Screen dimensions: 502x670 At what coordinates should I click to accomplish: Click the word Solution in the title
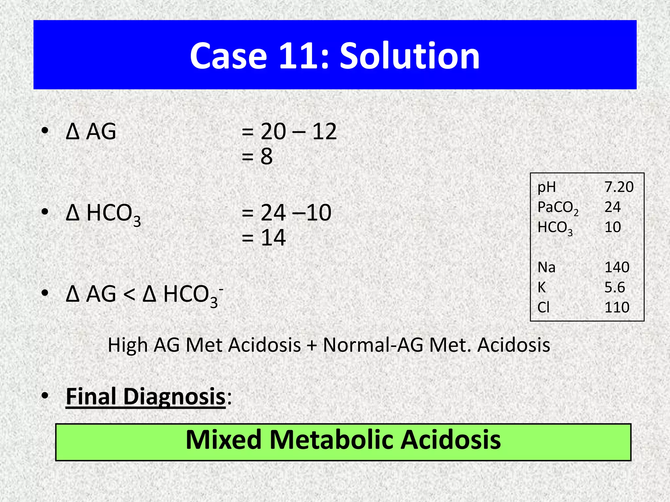click(410, 56)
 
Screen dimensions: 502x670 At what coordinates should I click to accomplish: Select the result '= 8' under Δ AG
click(257, 156)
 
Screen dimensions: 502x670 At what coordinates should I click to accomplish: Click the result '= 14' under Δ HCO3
click(264, 238)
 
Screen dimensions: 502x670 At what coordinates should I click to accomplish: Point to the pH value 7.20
click(619, 187)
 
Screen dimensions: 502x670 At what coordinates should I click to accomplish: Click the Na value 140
click(617, 267)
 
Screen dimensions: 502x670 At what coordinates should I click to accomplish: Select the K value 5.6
click(614, 287)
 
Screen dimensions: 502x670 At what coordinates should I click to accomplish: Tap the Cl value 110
click(617, 307)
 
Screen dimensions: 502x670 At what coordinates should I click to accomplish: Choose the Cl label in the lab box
click(543, 307)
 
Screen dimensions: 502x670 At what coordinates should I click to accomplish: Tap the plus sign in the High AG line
click(312, 345)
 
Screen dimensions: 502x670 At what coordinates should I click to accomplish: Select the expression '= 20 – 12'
click(289, 132)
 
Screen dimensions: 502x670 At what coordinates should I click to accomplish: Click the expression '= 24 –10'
click(287, 213)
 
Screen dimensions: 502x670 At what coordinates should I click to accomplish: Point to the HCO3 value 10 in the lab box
click(612, 227)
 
